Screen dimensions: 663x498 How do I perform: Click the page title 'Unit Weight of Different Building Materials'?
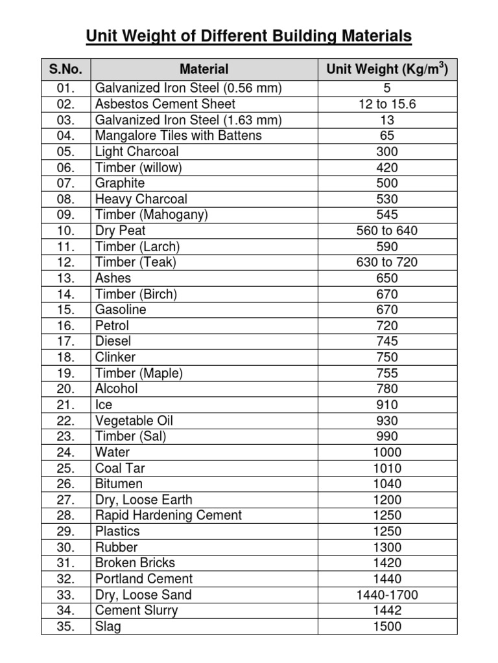tap(249, 36)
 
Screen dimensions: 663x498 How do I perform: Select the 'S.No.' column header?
tap(65, 69)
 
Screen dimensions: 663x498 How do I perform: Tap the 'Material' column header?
tap(204, 69)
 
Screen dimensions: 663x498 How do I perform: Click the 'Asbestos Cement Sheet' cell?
tap(165, 104)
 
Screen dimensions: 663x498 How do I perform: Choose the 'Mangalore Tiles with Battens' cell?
tap(178, 136)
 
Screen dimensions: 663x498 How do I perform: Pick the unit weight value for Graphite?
tap(387, 183)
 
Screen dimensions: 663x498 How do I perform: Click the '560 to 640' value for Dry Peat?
tap(387, 231)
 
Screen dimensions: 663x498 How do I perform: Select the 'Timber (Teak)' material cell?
tap(136, 263)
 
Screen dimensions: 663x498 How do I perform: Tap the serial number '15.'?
tap(65, 310)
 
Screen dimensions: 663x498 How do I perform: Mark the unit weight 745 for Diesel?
tap(387, 342)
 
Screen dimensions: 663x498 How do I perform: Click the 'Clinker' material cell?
tap(115, 357)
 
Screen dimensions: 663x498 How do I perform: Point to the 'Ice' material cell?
tap(104, 405)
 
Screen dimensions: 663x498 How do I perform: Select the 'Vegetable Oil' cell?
tap(134, 421)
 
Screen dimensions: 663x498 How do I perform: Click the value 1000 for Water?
tap(387, 453)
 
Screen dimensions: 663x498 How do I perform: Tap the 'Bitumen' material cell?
tap(119, 484)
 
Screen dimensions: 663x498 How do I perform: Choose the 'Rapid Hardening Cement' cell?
tap(168, 516)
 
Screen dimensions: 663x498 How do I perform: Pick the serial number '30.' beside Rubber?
tap(65, 548)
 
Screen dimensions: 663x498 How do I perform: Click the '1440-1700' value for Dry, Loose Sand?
tap(387, 595)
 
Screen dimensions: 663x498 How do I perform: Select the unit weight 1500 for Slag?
tap(387, 627)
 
